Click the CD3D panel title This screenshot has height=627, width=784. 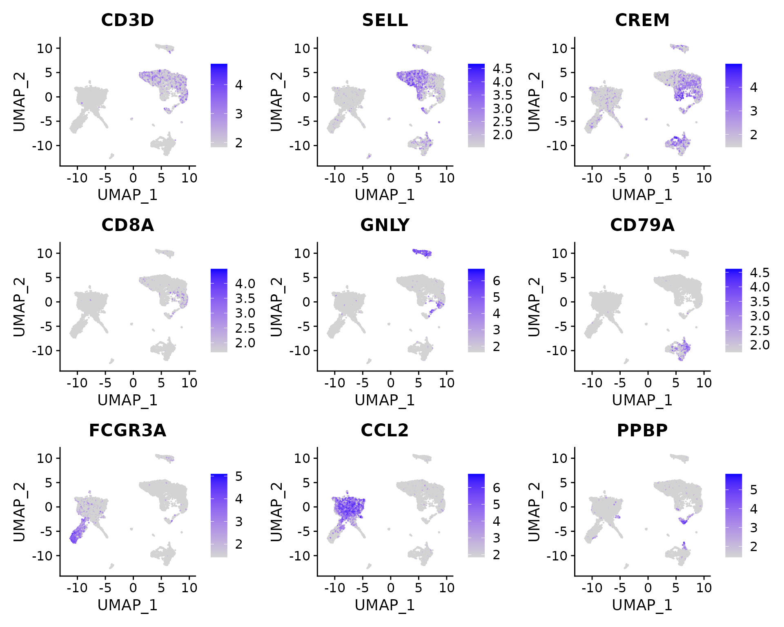click(x=127, y=20)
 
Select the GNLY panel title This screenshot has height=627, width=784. click(x=385, y=225)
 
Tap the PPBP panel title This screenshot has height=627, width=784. click(x=642, y=430)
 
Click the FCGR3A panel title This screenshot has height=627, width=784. click(x=127, y=430)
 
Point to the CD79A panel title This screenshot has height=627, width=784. click(x=642, y=225)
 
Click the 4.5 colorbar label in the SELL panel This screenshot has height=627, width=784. click(x=502, y=69)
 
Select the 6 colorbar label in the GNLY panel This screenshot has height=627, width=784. click(x=496, y=281)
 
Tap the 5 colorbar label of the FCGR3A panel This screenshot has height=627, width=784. click(x=239, y=476)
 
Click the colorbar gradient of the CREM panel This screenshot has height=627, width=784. click(x=733, y=105)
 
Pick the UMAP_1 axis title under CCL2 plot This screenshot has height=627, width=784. click(x=385, y=605)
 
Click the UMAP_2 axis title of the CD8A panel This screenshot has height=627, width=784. click(x=19, y=307)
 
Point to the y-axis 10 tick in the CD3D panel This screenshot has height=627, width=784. click(x=45, y=49)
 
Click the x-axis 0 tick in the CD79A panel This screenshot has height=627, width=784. click(x=648, y=383)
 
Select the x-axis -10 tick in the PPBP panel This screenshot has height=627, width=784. click(x=592, y=588)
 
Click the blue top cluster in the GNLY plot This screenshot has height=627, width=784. click(x=422, y=253)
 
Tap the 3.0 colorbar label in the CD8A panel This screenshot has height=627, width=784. click(x=245, y=313)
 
